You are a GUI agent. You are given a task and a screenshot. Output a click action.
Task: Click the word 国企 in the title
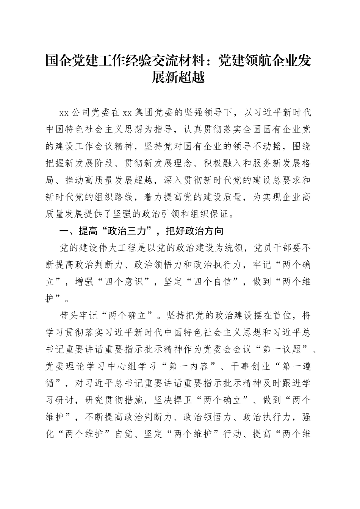[58, 60]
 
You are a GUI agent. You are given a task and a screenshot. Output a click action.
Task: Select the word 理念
[185, 163]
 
